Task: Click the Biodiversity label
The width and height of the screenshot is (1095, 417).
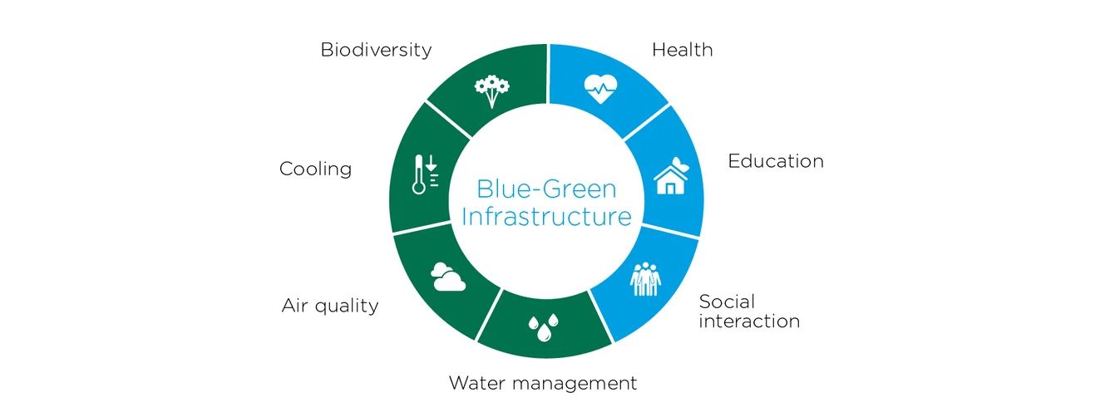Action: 376,51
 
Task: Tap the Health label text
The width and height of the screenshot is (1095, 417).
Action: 683,50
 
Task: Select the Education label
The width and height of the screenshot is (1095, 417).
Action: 776,161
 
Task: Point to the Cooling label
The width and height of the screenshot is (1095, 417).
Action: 315,169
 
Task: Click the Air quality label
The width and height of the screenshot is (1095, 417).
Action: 330,307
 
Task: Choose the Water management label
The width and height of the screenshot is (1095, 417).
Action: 543,383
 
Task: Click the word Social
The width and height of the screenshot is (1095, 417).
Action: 727,302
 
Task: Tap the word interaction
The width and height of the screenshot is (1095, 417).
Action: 749,321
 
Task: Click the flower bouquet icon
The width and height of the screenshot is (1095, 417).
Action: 491,91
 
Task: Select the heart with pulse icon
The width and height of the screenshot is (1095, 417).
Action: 601,88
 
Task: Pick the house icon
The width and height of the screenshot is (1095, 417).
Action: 671,176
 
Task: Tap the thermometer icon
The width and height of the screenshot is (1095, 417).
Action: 419,174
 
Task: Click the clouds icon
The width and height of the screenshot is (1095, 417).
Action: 448,277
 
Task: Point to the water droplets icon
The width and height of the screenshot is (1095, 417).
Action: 543,327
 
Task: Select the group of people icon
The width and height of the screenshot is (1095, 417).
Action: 645,279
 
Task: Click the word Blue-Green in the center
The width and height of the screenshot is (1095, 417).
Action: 546,189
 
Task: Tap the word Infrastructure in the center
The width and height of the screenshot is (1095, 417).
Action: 546,216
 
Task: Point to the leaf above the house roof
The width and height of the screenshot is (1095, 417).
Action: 680,164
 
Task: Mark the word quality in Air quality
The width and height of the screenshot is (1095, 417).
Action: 347,307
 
